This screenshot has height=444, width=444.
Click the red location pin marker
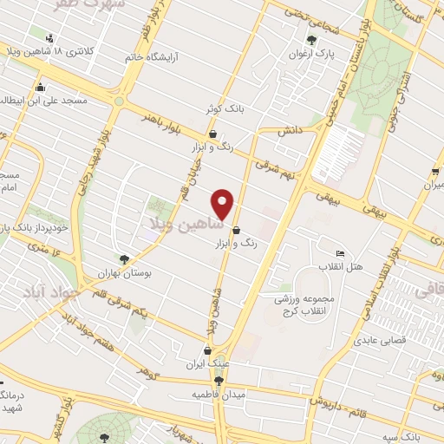coord(223,204)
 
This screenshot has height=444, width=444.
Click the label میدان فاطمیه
coord(202,395)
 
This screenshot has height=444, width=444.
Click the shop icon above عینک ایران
coord(208,350)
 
